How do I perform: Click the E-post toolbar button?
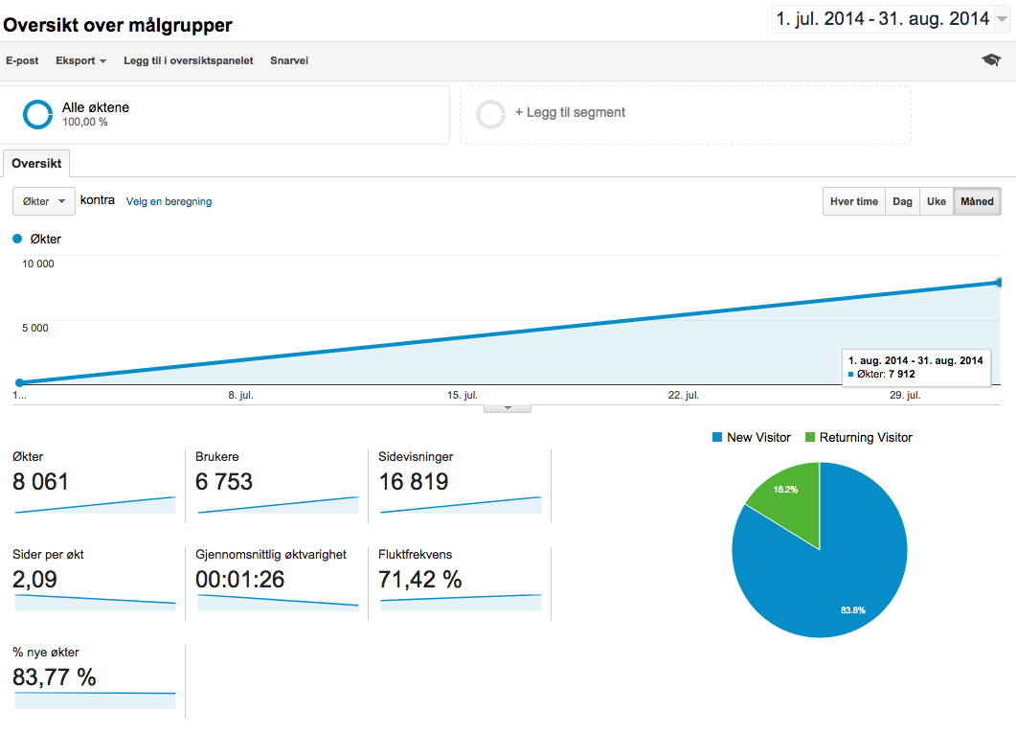(22, 60)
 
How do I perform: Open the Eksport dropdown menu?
(80, 60)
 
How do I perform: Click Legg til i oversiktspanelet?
(188, 60)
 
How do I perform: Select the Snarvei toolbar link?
(289, 60)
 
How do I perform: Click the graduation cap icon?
(991, 60)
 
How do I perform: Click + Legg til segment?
(570, 113)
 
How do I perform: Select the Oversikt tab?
(36, 164)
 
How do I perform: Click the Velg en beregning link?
(169, 202)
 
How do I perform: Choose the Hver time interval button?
(854, 202)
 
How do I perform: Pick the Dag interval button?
(902, 202)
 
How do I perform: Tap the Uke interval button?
(937, 202)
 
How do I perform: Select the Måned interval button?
(977, 202)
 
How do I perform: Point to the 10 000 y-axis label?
(38, 264)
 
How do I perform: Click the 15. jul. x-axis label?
(463, 395)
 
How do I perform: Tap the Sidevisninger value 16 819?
(414, 482)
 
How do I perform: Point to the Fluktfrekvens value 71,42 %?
(420, 580)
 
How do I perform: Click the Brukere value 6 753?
(224, 482)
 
